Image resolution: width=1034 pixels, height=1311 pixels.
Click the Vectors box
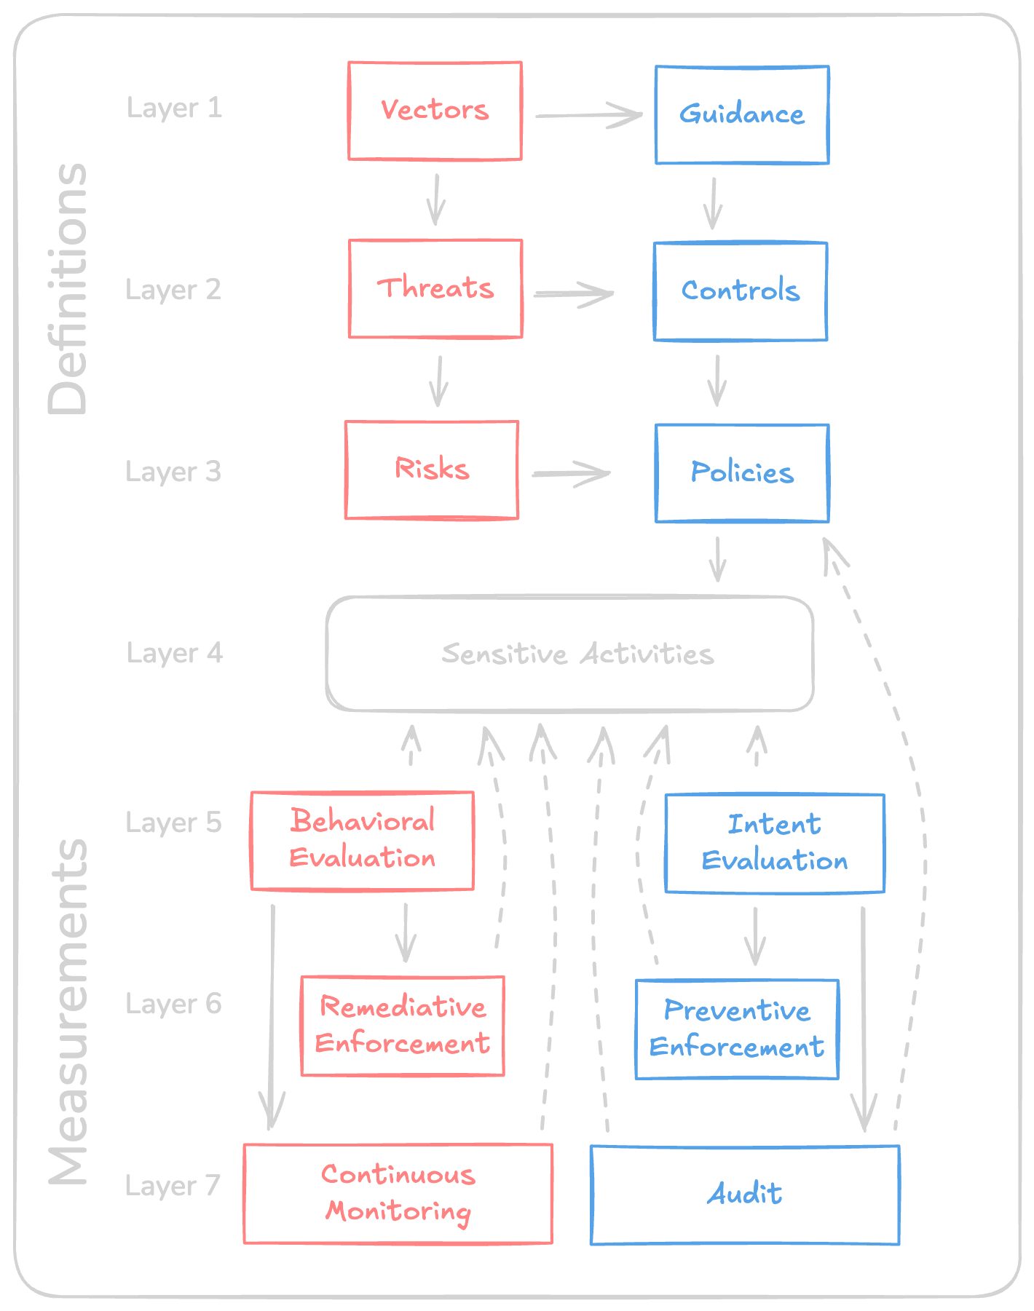point(435,111)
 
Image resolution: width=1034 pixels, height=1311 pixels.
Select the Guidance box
point(741,115)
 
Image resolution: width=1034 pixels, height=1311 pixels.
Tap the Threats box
point(435,288)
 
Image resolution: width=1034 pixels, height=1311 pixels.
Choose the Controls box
point(740,291)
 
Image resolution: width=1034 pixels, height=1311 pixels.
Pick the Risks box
point(431,470)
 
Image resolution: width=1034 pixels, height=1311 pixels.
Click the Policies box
point(741,473)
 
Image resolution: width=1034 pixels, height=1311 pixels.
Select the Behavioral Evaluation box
point(362,840)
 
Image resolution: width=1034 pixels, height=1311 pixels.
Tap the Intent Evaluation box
point(774,843)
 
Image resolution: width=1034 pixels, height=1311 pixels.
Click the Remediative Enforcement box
point(402,1026)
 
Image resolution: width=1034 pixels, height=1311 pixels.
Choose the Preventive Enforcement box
point(736,1029)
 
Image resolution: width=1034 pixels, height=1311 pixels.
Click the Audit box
point(744,1195)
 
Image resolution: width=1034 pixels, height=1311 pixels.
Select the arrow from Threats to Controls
point(573,293)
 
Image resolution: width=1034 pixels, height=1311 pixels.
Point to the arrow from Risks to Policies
point(570,473)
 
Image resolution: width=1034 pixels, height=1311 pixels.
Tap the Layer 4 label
point(175,653)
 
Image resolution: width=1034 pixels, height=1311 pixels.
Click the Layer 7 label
point(173,1186)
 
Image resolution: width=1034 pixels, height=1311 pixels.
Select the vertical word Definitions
point(68,288)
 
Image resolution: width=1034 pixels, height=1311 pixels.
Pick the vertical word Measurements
point(68,1012)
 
